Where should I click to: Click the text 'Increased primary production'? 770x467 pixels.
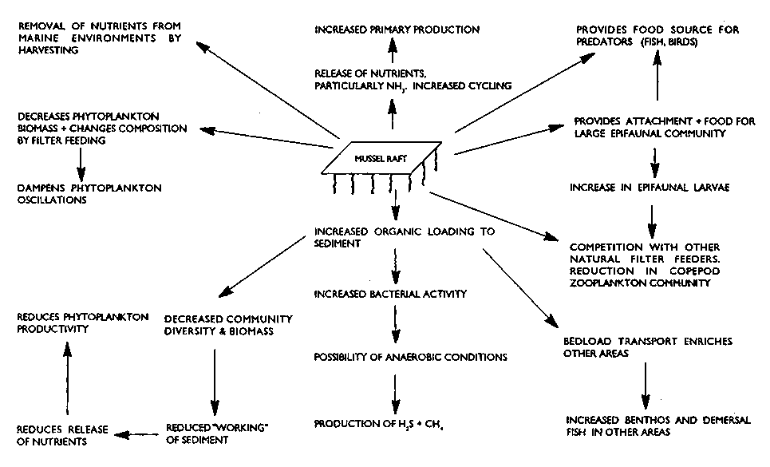click(x=397, y=30)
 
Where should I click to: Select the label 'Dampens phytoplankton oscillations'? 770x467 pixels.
click(x=89, y=194)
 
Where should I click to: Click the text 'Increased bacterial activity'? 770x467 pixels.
click(x=390, y=295)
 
